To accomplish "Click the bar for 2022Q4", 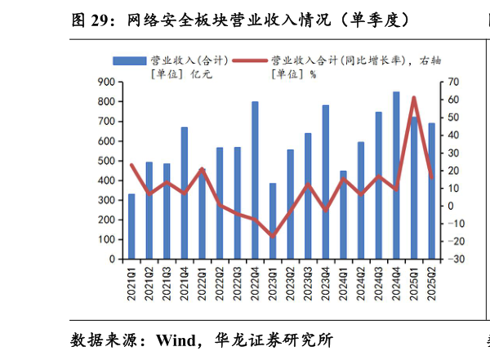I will pos(255,180).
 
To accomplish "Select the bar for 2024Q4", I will pos(396,176).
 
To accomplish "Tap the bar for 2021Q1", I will pos(131,226).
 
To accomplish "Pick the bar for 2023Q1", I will pos(273,221).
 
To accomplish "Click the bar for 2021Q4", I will pos(185,193).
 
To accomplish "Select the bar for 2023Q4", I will pos(326,182).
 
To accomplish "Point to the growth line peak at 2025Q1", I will pos(414,98).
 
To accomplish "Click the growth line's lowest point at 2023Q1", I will pos(273,236).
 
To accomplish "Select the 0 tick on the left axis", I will pos(110,259).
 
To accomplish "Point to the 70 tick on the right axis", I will pos(455,82).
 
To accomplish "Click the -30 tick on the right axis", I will pos(457,259).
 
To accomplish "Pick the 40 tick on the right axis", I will pos(455,135).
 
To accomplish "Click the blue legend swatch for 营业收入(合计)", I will pos(128,60).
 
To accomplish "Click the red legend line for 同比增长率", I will pos(250,60).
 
